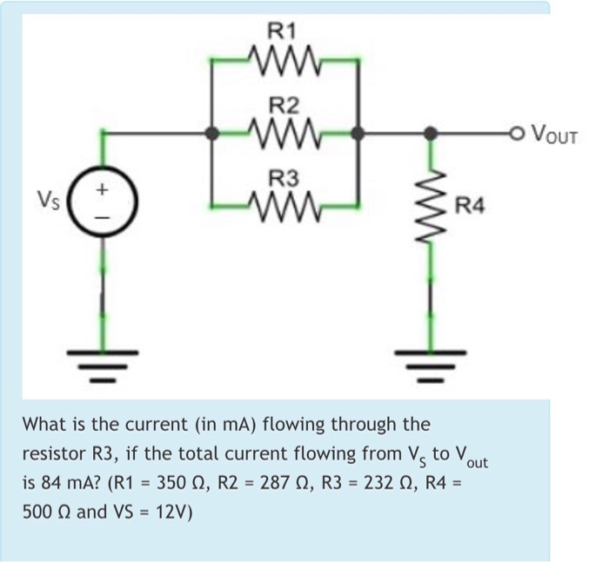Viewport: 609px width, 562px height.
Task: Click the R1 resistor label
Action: coord(283,33)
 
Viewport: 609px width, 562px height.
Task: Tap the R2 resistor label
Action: coord(283,107)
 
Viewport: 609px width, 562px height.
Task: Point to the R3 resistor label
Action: coord(283,180)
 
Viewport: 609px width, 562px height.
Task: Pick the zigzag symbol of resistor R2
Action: coord(284,134)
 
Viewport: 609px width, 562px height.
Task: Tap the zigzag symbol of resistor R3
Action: coord(284,207)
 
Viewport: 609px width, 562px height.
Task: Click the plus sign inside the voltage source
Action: coord(104,187)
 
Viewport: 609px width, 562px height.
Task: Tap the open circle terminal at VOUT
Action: coord(519,134)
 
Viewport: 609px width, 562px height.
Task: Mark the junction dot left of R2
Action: coord(211,134)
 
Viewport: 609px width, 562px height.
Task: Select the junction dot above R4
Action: coord(427,134)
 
